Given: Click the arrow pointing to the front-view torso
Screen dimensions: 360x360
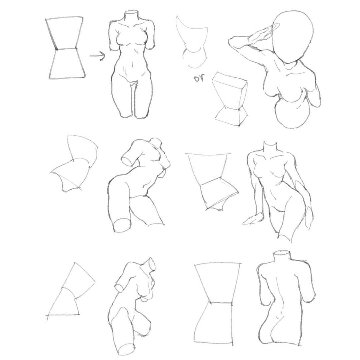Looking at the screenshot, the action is coord(97,56).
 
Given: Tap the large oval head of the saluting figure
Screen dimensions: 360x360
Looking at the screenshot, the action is coord(293,36).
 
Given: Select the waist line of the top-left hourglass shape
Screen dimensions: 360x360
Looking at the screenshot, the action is coord(66,49).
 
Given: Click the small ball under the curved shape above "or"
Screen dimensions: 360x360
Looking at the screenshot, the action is coord(194,59).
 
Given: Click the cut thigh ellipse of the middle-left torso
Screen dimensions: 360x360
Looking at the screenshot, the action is coord(121,225).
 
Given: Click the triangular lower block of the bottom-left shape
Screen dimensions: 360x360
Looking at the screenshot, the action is coord(63,303).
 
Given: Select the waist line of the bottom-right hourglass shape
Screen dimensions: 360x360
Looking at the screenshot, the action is coord(220,302).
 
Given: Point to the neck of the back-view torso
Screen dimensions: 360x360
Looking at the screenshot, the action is coord(282,256).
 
